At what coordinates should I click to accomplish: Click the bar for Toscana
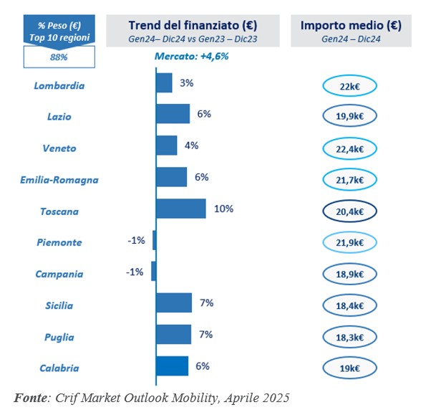[x=180, y=209]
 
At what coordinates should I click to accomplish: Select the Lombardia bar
[x=164, y=83]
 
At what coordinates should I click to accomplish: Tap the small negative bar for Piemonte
[x=154, y=240]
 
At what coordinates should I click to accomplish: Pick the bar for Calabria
[x=172, y=366]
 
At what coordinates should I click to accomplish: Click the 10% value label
[x=223, y=209]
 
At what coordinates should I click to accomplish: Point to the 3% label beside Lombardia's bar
[x=187, y=83]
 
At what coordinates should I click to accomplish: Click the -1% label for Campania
[x=134, y=272]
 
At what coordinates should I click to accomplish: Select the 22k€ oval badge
[x=349, y=87]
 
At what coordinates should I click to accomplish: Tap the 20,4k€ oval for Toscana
[x=349, y=212]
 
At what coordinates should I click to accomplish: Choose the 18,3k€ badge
[x=349, y=338]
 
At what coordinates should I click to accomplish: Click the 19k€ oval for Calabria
[x=349, y=369]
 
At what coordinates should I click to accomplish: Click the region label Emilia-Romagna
[x=59, y=180]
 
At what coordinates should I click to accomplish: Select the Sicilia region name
[x=59, y=306]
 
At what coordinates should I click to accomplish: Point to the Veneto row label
[x=59, y=148]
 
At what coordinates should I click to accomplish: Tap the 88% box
[x=59, y=55]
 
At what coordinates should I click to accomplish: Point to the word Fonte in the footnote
[x=31, y=396]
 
